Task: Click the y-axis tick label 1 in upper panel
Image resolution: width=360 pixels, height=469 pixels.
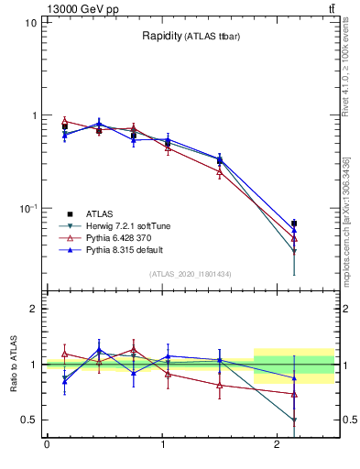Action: [x=33, y=115]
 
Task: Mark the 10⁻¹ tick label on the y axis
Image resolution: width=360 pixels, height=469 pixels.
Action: [x=27, y=208]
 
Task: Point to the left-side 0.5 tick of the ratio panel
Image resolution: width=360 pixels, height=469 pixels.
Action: [x=29, y=420]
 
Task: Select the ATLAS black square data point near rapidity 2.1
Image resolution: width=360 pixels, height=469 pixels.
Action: [x=294, y=223]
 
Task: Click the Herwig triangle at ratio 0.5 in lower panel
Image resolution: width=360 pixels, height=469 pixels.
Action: [x=294, y=420]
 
